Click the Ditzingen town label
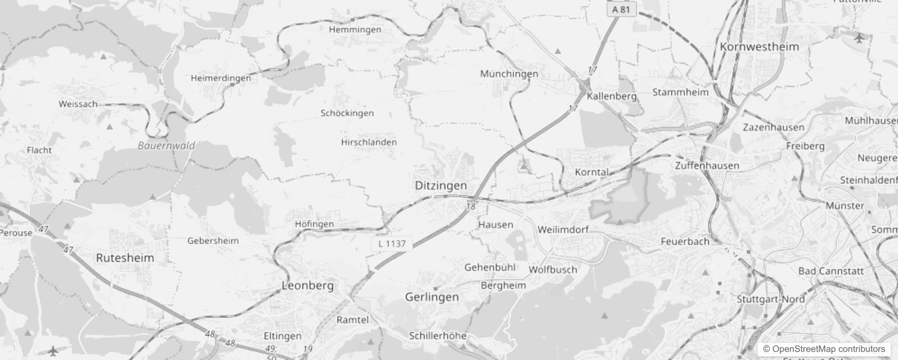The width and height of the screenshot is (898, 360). point(440,185)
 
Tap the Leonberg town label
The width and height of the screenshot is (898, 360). point(308,285)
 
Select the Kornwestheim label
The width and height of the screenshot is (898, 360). point(759,47)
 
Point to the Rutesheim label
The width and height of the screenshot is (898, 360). point(125,258)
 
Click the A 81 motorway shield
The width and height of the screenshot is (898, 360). point(621,9)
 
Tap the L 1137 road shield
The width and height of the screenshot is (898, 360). point(391,244)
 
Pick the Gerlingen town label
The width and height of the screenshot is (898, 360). point(432,297)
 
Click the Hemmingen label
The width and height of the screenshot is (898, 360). point(355,30)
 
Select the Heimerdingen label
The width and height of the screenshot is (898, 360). point(221,78)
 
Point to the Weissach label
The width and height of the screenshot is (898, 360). point(78,104)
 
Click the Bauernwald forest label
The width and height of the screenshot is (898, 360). point(166,146)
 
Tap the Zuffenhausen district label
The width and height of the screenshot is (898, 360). point(707,166)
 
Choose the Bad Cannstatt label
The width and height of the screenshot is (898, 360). point(831,271)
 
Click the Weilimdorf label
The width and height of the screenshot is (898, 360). point(563,229)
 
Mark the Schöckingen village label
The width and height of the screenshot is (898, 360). point(347,113)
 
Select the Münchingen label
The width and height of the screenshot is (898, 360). point(509,74)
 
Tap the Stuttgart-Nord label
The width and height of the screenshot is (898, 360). point(770,299)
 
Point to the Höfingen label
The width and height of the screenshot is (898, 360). point(314,224)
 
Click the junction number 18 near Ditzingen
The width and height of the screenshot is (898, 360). point(471,207)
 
